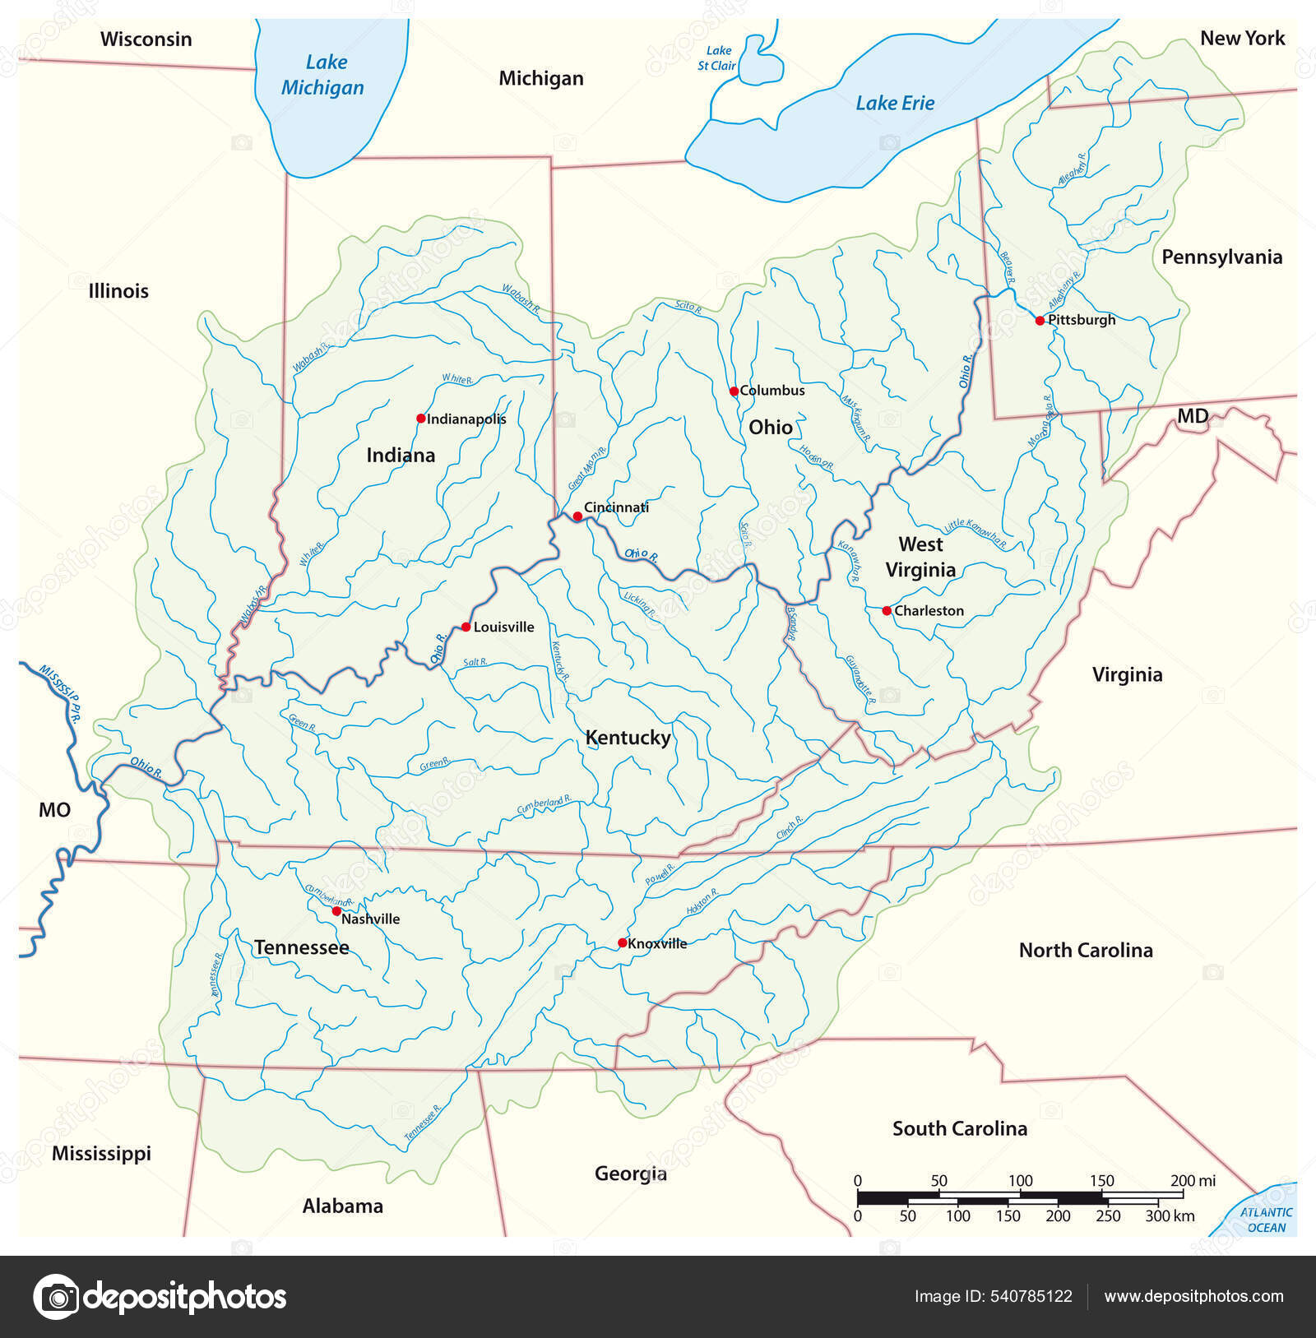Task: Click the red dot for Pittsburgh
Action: (x=1040, y=321)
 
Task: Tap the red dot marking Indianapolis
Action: (x=421, y=419)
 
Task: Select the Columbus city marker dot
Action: (x=734, y=391)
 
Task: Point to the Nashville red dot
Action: (x=336, y=911)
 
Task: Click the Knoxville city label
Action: (x=657, y=943)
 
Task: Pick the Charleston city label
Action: (x=929, y=610)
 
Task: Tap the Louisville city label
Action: (x=503, y=627)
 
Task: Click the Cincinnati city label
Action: (x=616, y=507)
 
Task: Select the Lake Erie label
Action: (x=895, y=103)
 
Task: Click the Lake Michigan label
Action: (x=323, y=75)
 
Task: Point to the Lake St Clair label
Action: (x=717, y=58)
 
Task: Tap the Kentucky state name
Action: (x=628, y=738)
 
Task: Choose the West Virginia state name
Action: (x=920, y=557)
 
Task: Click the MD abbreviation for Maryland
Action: (x=1193, y=416)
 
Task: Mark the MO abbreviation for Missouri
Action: (x=55, y=810)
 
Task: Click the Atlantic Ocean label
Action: (x=1267, y=1220)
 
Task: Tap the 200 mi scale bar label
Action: (x=1193, y=1181)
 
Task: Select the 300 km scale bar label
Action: (x=1170, y=1215)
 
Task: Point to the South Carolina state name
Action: (x=960, y=1128)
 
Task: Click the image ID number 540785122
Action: (x=1031, y=1297)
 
